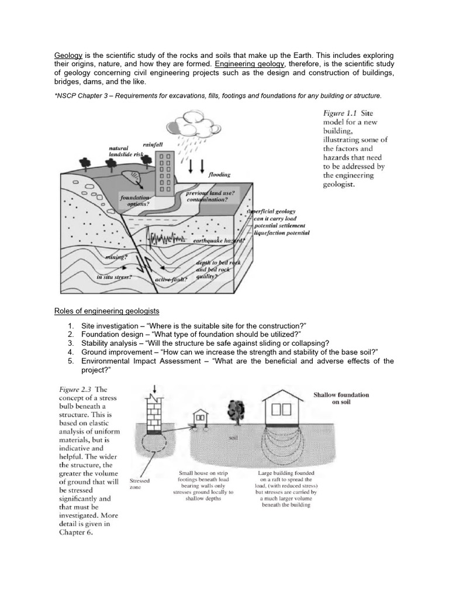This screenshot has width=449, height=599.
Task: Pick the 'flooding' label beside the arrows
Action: click(220, 174)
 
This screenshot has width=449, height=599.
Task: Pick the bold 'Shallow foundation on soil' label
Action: click(341, 398)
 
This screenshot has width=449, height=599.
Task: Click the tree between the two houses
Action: click(238, 411)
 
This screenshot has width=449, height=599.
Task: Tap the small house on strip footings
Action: click(202, 416)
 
